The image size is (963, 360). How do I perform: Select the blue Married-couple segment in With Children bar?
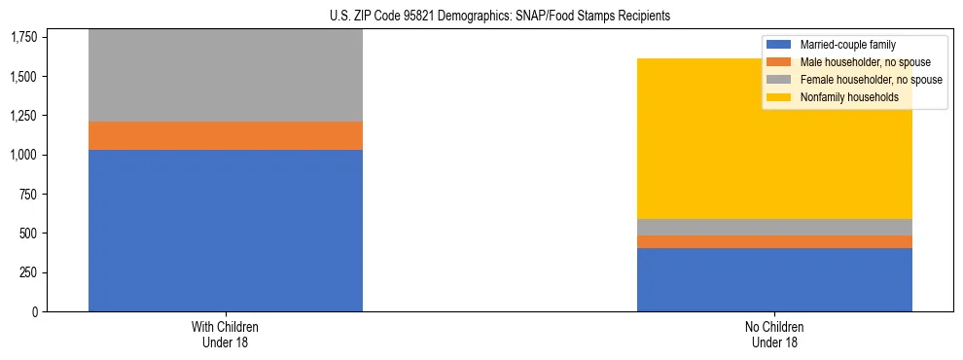click(x=226, y=230)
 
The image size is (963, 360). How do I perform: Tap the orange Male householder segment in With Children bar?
click(x=226, y=135)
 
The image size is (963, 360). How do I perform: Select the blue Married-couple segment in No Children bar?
click(x=774, y=279)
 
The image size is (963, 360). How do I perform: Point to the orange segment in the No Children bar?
click(x=774, y=241)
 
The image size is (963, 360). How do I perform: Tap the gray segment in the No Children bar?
click(x=774, y=227)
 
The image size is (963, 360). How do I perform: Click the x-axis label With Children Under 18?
click(x=226, y=334)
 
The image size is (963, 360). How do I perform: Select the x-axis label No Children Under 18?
click(x=774, y=334)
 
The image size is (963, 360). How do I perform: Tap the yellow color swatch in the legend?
click(x=779, y=97)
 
